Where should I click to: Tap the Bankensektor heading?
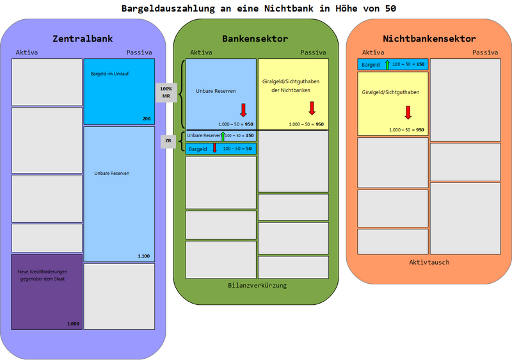pos(255,39)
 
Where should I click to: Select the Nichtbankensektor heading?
pos(429,39)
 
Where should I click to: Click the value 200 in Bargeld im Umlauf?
pos(146,119)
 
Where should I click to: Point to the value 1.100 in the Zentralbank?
pos(143,256)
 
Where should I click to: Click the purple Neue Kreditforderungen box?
pos(47,291)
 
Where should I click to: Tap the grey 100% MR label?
pos(166,92)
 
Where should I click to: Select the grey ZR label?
pos(168,141)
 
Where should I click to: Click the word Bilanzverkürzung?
pos(257,285)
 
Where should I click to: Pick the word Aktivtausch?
pos(428,262)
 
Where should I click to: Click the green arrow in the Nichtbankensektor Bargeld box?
pos(387,65)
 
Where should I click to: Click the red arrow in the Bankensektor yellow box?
pos(312,108)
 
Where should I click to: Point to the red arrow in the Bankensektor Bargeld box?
pos(214,149)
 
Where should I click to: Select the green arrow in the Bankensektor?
pos(223,135)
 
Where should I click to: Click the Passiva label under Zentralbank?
pos(139,53)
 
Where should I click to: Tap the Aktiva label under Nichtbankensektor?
pos(373,53)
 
